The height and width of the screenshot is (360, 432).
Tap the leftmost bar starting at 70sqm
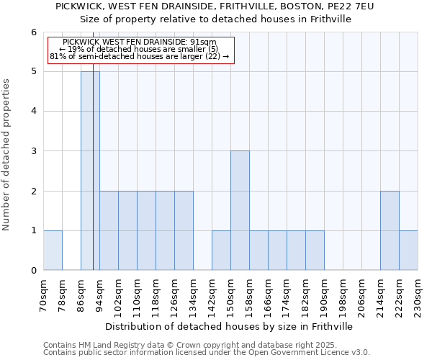coord(53,250)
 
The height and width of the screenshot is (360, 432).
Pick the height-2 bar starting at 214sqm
coord(390,230)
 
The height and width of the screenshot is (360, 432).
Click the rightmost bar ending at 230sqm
coord(408,250)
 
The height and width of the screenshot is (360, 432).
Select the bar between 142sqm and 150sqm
coord(221,250)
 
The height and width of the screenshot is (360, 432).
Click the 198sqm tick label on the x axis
coord(343,294)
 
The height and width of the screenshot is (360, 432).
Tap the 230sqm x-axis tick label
coord(418,294)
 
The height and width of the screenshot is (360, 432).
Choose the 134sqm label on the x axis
coord(193,294)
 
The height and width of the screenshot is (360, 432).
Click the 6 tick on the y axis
coord(33,32)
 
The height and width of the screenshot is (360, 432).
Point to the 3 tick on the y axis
coord(33,151)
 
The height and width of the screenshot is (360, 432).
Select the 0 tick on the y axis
coord(33,270)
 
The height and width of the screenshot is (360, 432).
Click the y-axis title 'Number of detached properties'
coord(7,155)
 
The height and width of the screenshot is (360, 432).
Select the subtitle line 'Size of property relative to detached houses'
coord(215,19)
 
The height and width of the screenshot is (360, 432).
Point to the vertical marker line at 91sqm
coord(94,180)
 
